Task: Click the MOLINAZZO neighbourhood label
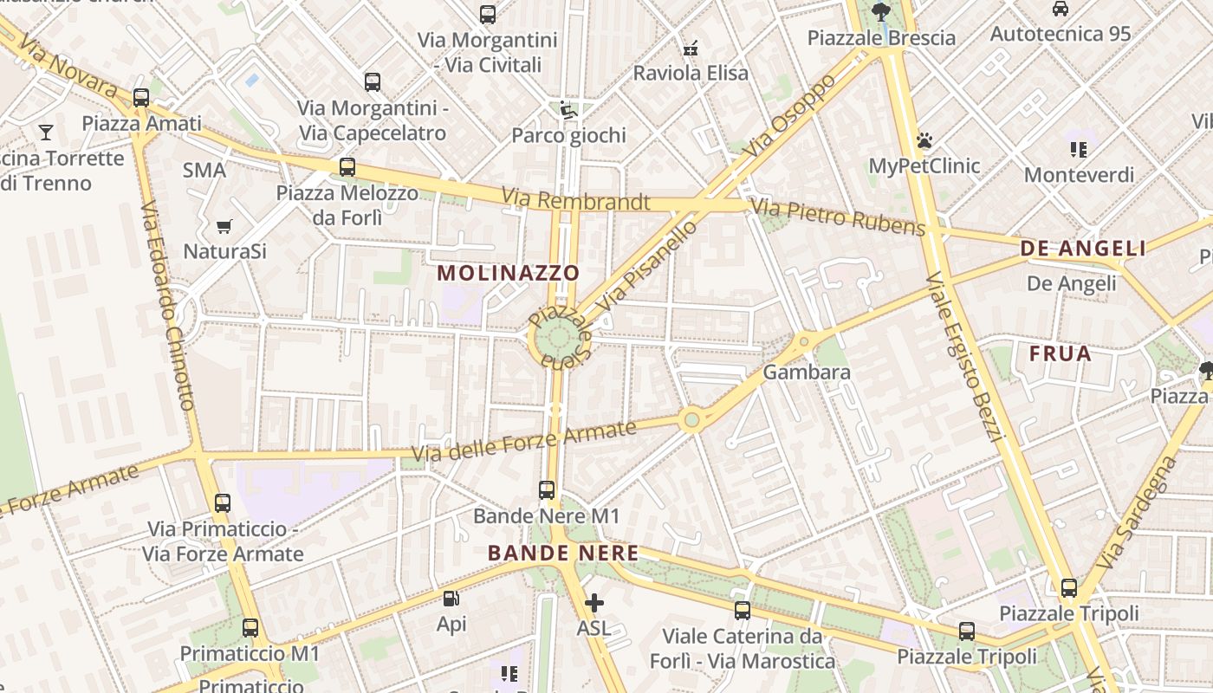coord(508,273)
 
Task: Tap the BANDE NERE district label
coord(563,553)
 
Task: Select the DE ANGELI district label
coord(1083,249)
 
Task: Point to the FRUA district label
coord(1061,353)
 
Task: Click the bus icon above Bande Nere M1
coord(547,490)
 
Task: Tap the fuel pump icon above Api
coord(451,599)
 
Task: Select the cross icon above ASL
coord(594,602)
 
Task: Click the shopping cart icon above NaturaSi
coord(224,227)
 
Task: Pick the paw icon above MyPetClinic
coord(924,140)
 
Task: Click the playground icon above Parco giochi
coord(568,110)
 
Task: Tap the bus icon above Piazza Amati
coord(141,97)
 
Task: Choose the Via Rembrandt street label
coord(575,201)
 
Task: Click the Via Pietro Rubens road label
coord(838,217)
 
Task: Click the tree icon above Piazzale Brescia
coord(881,12)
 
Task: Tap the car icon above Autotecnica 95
coord(1061,9)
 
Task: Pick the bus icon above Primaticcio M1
coord(250,628)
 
